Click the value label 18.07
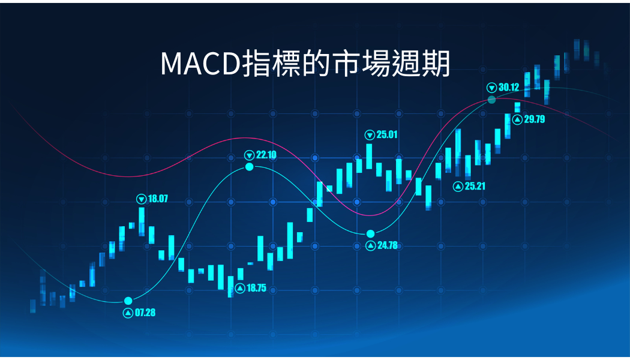[x=158, y=199]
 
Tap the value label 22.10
[x=266, y=155]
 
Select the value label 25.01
[x=387, y=134]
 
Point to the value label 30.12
[x=509, y=87]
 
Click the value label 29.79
[x=535, y=119]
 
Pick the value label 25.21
[x=475, y=186]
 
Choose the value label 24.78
[x=388, y=245]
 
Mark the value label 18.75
[x=256, y=288]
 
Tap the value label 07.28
[x=145, y=313]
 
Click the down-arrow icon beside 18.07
[x=142, y=199]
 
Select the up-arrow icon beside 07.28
[x=128, y=313]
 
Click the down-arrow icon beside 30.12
[x=492, y=88]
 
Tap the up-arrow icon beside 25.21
[x=458, y=187]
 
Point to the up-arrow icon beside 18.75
[x=240, y=288]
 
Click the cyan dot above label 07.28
[x=128, y=301]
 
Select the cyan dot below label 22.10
[x=250, y=167]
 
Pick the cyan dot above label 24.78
[x=370, y=234]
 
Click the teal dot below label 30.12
[x=492, y=100]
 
